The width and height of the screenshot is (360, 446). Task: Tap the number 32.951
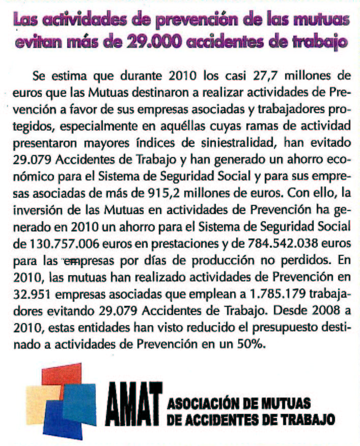tap(33, 290)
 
